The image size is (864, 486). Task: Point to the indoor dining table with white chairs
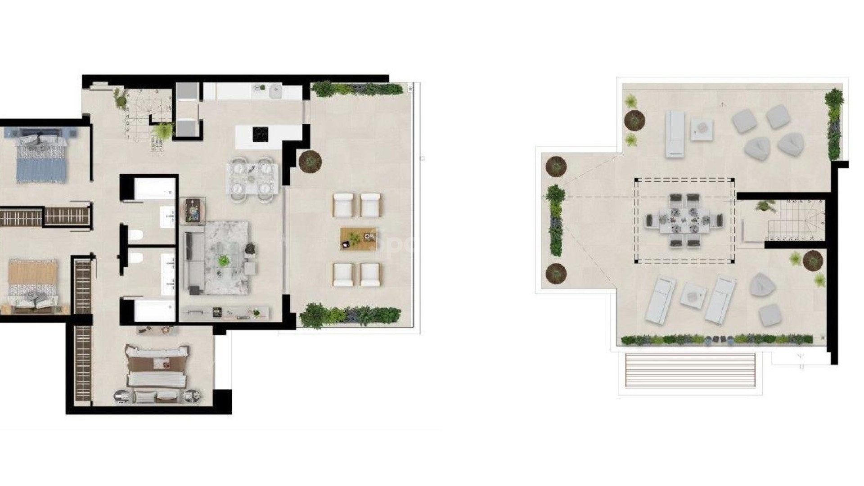252,178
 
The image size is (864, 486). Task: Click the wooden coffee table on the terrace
358,238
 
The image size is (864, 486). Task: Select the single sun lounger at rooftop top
675,133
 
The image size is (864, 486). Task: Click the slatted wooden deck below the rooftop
690,370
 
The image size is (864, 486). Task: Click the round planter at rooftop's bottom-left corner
556,273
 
